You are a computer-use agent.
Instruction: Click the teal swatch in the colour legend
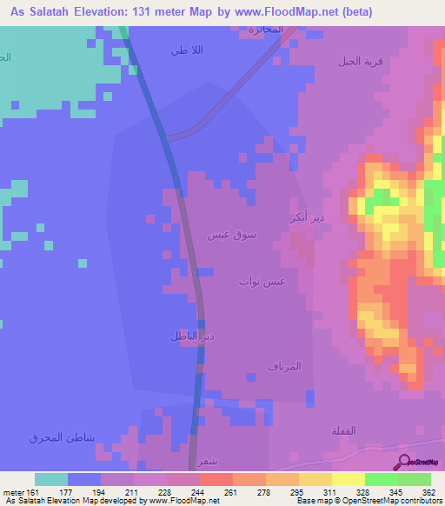tap(50, 479)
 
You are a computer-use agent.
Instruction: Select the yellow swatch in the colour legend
tap(348, 479)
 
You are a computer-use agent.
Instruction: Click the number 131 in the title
tap(194, 12)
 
